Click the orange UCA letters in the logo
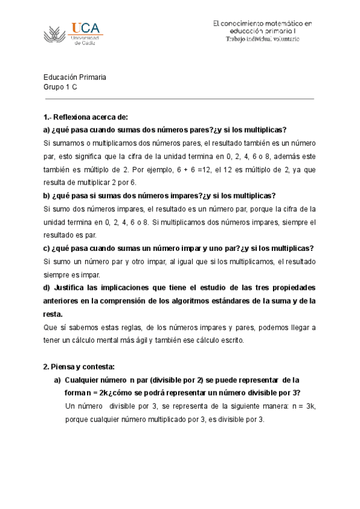pyautogui.click(x=86, y=28)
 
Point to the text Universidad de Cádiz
pyautogui.click(x=84, y=40)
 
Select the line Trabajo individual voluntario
pyautogui.click(x=262, y=39)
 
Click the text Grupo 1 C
pyautogui.click(x=60, y=87)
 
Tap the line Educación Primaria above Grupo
pyautogui.click(x=75, y=77)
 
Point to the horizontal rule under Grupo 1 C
pyautogui.click(x=179, y=98)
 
